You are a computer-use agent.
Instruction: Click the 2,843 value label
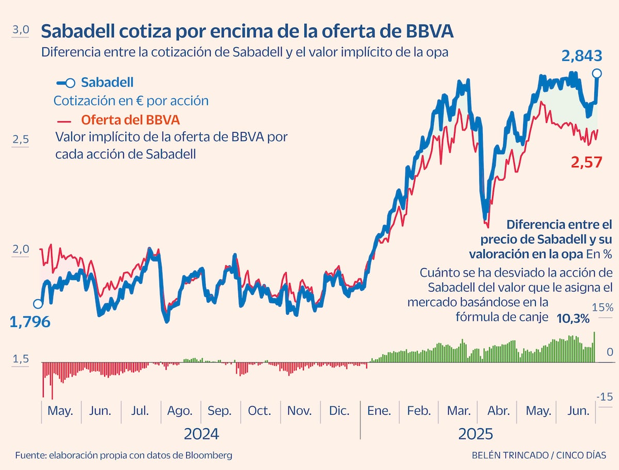pos(582,56)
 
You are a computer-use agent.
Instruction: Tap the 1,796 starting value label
pos(30,322)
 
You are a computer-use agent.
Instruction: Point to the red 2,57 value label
pos(587,163)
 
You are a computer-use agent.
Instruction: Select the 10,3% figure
pos(573,319)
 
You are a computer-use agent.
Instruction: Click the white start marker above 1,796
pos(38,304)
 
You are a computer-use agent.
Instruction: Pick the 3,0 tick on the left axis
pos(20,30)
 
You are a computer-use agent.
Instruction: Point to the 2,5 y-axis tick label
pos(20,139)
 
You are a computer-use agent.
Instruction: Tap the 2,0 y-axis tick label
pos(20,249)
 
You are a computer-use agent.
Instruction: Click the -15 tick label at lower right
pos(605,397)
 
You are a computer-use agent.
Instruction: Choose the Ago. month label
pos(180,411)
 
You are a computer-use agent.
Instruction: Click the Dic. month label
pos(339,411)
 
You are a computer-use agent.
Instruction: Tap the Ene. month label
pos(379,411)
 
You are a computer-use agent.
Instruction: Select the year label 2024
pos(201,434)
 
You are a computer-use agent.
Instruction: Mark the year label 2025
pos(476,434)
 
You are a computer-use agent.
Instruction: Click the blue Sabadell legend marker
pos(66,83)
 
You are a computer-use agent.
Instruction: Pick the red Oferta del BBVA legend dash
pos(64,122)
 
